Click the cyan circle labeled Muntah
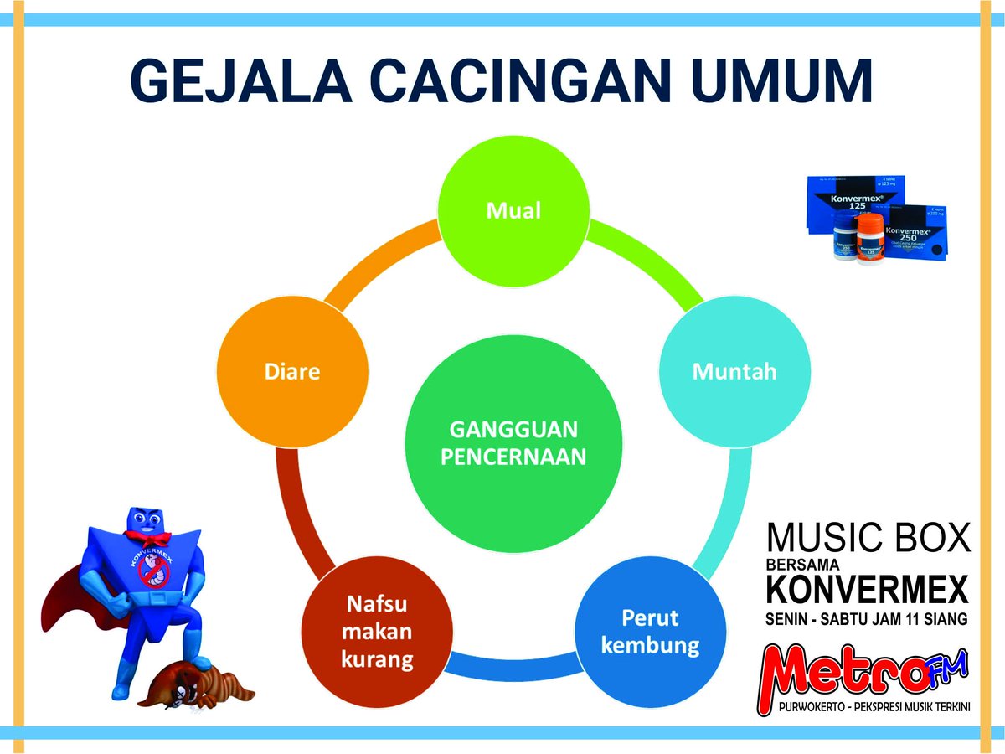coord(734,371)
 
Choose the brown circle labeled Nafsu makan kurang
coord(377,632)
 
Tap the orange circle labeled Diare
coord(292,371)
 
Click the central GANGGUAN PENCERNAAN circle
coord(513,443)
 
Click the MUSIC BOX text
coord(868,539)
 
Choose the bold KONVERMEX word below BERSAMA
coord(868,589)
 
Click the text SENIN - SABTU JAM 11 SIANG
coord(868,620)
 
